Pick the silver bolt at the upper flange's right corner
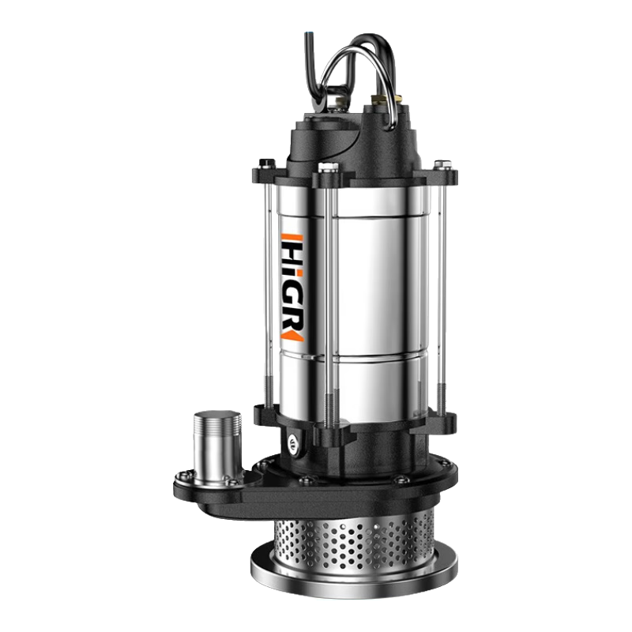(444, 164)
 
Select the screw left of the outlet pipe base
(183, 475)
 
